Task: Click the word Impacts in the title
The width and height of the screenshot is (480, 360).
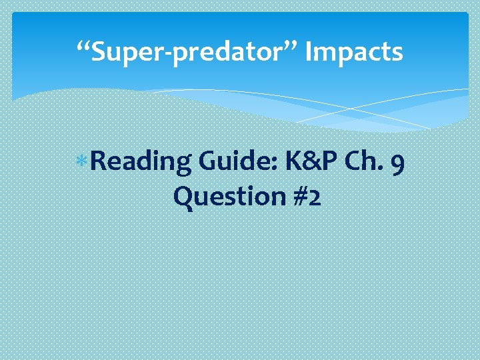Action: pos(354,51)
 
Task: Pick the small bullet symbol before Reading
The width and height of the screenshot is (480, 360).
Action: pos(81,162)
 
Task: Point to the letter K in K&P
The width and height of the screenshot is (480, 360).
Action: pos(293,162)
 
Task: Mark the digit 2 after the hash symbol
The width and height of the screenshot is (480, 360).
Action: pos(312,197)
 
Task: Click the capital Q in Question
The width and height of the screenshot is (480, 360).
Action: pos(182,197)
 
